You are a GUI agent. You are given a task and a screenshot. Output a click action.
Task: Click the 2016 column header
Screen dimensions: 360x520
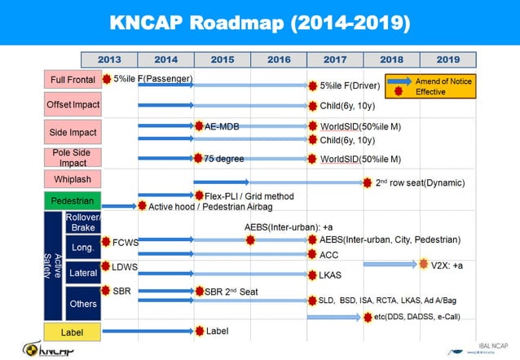coord(279,59)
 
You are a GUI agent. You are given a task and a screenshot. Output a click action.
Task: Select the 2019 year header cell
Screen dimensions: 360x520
coord(447,59)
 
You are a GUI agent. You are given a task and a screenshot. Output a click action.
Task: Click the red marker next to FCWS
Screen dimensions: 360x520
coord(105,241)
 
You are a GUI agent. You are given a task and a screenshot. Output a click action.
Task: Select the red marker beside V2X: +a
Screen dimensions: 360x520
coord(423,264)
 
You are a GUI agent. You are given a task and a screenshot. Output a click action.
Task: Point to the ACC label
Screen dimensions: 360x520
coord(328,254)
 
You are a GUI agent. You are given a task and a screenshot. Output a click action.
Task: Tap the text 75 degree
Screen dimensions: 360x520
coord(224,158)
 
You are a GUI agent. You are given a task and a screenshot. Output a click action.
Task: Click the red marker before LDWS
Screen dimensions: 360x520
coord(105,266)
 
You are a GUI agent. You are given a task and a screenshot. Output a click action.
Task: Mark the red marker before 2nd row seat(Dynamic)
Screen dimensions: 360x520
coord(368,182)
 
